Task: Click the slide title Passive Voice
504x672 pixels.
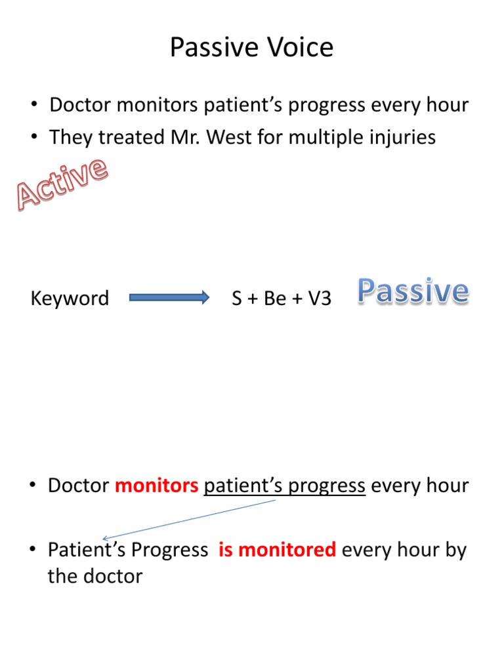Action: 251,48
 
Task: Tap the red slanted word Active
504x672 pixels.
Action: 62,183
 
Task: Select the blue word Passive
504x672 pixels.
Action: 413,291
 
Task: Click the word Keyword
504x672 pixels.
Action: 70,299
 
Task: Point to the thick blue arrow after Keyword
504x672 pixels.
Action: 169,298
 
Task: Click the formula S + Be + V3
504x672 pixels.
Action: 282,299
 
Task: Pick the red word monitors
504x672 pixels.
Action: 157,486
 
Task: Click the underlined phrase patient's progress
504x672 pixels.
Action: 284,486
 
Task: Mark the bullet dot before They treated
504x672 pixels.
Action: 33,138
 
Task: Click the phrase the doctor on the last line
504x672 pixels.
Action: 95,577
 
